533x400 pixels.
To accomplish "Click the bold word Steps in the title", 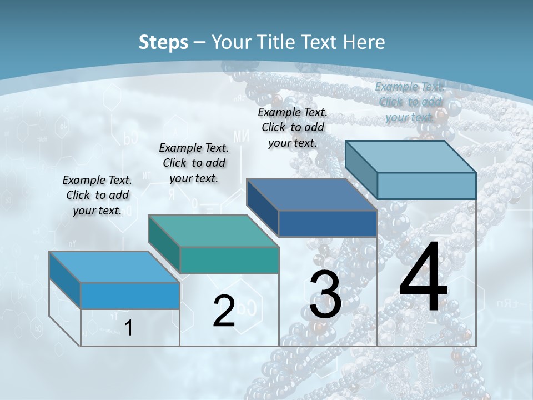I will coord(163,42).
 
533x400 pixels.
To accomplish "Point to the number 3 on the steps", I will coord(325,295).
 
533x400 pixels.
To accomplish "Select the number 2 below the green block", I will coord(224,311).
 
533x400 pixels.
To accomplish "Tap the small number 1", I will coord(128,328).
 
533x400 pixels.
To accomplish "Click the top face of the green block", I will coord(214,231).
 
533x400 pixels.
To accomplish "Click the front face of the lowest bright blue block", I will coord(130,296).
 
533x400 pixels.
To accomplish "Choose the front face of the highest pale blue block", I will coord(426,186).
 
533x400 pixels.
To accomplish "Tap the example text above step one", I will coord(97,195).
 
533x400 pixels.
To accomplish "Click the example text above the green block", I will coord(194,163).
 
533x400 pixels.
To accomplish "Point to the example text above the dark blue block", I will coord(293,127).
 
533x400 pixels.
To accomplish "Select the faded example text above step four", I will coord(409,102).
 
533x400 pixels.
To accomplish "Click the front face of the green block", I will coord(229,260).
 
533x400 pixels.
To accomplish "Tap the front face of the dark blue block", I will coord(328,223).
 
